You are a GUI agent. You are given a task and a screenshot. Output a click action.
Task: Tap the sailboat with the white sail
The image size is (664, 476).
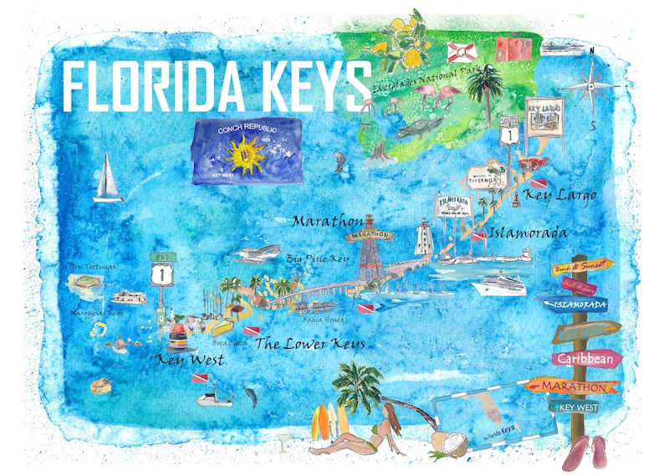[109, 178]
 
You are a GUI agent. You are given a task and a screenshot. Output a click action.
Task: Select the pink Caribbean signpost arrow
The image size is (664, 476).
[586, 359]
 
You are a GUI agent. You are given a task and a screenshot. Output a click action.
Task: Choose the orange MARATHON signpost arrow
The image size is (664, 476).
[573, 386]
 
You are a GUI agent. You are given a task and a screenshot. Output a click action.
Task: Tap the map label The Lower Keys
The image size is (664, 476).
[309, 343]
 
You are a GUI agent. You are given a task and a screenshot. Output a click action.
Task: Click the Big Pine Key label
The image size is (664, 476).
[317, 258]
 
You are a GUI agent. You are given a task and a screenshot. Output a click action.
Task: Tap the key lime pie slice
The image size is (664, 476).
[101, 386]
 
